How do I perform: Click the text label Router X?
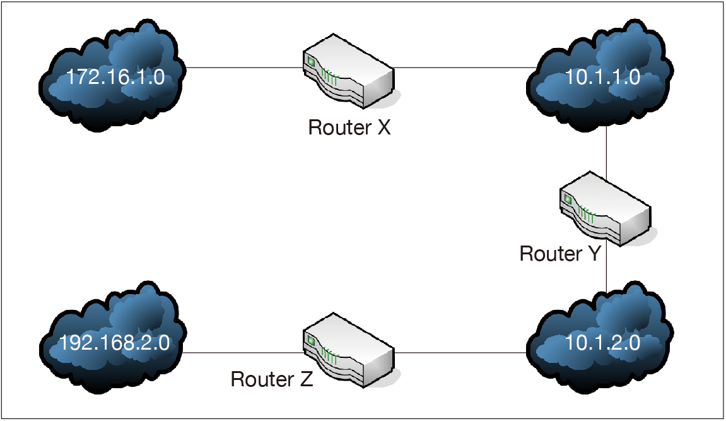coord(349,127)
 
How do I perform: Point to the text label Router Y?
coord(561,254)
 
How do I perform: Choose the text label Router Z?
coord(272,379)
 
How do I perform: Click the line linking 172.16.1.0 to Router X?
coord(243,67)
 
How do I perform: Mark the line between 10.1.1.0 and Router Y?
coord(606,151)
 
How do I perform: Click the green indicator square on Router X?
coord(310,62)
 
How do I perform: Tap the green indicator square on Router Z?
coord(310,341)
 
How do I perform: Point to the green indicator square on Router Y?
coord(567,199)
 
